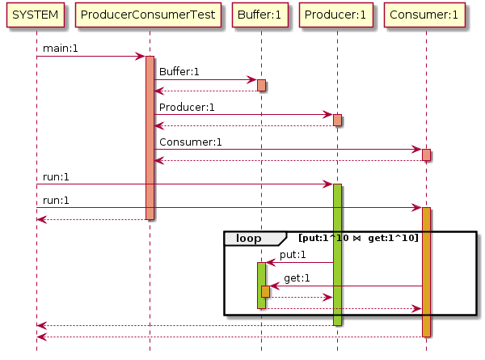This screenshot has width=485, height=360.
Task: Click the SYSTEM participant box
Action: [x=36, y=15]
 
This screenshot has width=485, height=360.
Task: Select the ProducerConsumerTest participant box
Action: [x=150, y=15]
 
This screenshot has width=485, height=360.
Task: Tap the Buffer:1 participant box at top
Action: [x=261, y=15]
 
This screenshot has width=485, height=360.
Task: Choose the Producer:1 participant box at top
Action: [x=337, y=15]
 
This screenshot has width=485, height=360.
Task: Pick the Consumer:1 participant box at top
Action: [x=426, y=15]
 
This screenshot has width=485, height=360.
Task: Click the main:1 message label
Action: [x=61, y=49]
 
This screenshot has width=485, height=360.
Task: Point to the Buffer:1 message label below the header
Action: [x=179, y=72]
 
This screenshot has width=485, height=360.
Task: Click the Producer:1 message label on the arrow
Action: [x=187, y=107]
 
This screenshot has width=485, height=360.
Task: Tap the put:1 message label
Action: [x=293, y=255]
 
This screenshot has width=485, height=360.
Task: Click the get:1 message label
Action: [x=297, y=278]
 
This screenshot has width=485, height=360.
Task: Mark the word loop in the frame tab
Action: [x=248, y=238]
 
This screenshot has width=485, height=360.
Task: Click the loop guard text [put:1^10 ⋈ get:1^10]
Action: [x=358, y=238]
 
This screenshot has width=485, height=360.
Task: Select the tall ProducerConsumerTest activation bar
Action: [x=150, y=138]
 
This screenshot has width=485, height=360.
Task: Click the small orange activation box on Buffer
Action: [x=265, y=291]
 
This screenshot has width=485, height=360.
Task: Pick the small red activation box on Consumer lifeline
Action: [x=426, y=155]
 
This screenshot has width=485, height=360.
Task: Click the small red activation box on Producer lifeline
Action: [x=337, y=120]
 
